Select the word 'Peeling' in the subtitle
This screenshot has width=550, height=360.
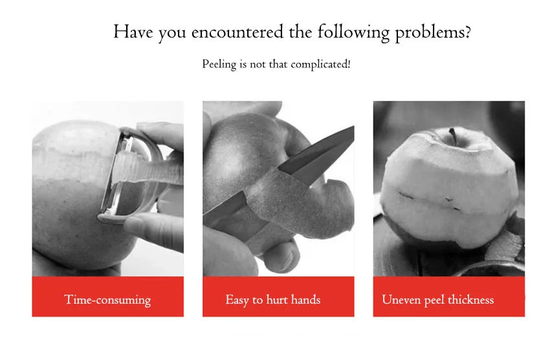219,65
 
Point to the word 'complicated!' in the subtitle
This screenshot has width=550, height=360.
320,65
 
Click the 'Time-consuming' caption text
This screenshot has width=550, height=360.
107,300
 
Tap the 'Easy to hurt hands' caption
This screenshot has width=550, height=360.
272,300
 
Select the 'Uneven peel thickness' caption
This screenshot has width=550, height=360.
437,300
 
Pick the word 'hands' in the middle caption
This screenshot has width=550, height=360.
305,300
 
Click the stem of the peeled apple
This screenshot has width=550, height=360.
452,135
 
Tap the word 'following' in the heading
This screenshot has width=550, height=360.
355,32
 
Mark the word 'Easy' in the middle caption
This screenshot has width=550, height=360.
237,300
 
